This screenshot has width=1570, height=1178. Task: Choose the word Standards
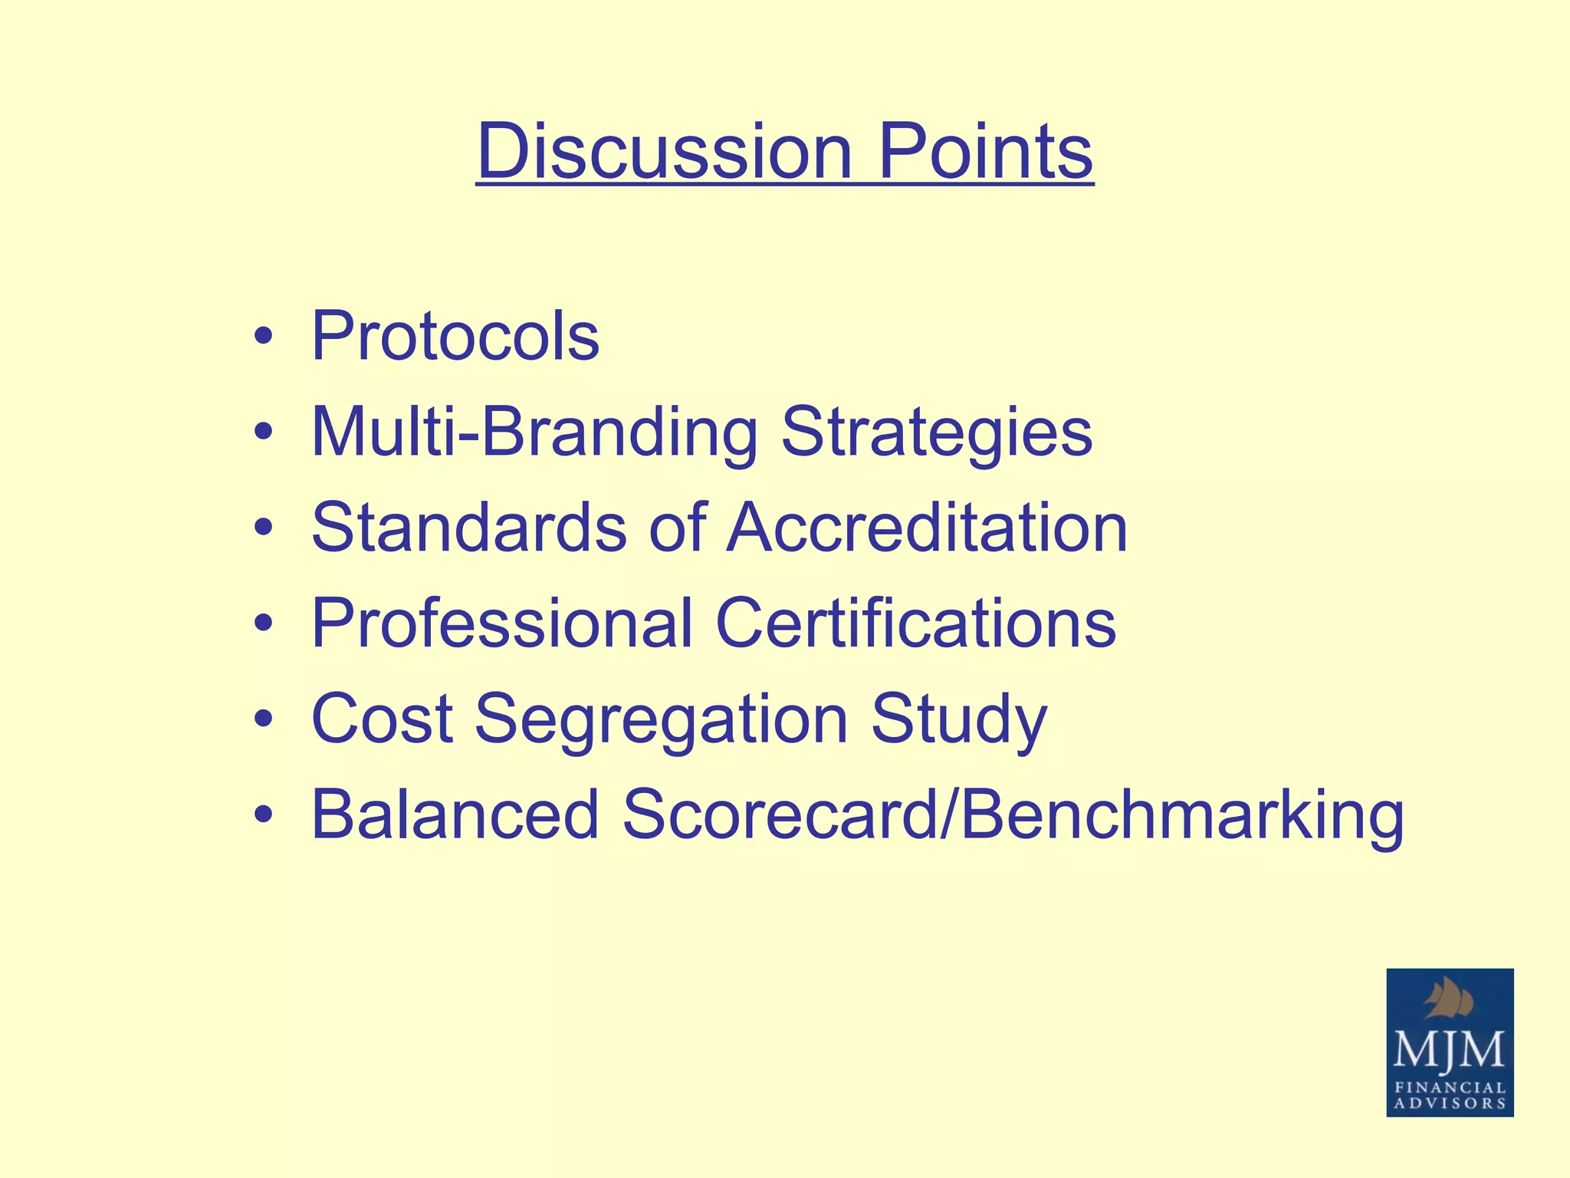pos(469,528)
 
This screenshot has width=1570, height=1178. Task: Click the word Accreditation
pos(927,528)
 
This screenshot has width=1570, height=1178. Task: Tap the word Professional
pos(502,623)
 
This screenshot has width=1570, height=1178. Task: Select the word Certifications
pos(915,623)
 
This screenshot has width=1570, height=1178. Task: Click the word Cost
pos(382,719)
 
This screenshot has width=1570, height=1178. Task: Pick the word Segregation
pos(661,719)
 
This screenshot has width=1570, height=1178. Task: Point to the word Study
pos(958,719)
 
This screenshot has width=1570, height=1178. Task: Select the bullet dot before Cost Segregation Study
pos(264,719)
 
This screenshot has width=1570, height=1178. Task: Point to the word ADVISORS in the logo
pos(1450,1104)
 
